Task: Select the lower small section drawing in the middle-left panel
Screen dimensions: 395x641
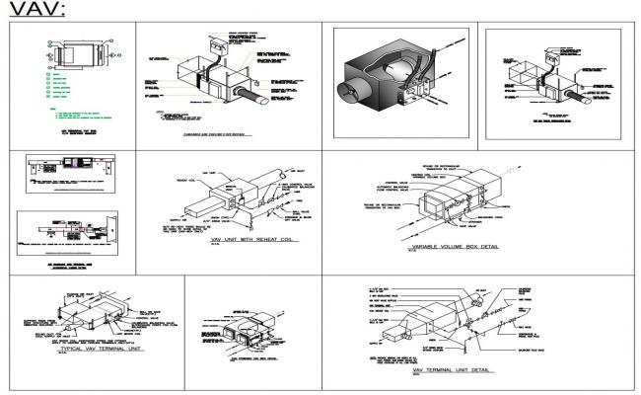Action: [x=69, y=228]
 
